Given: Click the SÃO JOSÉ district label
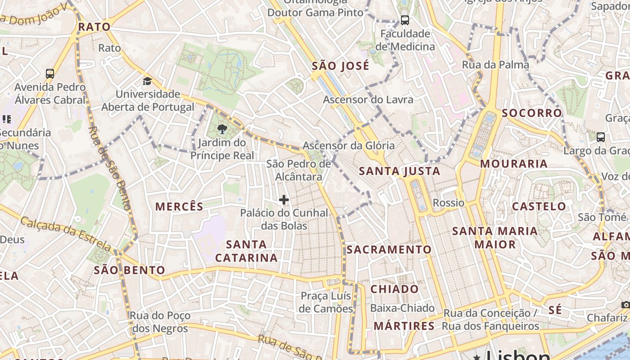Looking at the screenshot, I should tap(341, 66).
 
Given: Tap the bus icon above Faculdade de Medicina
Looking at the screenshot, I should tap(405, 20).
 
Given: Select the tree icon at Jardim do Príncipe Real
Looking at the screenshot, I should tap(222, 130).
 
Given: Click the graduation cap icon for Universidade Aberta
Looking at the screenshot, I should tap(147, 81).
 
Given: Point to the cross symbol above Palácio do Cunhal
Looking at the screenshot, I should tap(284, 199).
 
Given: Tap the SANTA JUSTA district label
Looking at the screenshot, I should tap(399, 171).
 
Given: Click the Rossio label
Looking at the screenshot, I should tap(448, 202).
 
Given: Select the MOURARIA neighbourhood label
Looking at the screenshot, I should tap(513, 164).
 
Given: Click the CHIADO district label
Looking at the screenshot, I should tap(394, 289).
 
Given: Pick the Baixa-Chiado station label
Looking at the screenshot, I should tap(402, 308).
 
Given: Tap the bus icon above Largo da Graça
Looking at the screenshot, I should tap(600, 137).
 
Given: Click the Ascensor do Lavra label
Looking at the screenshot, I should tap(368, 99).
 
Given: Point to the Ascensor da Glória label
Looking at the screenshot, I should tap(348, 145).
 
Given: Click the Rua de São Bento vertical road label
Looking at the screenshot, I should tap(109, 168).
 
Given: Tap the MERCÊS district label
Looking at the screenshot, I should tap(179, 207).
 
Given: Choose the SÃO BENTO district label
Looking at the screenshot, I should tap(129, 270).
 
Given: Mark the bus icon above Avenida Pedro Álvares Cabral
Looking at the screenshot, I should tap(50, 73).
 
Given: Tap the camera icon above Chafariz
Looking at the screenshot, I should tap(625, 305).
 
